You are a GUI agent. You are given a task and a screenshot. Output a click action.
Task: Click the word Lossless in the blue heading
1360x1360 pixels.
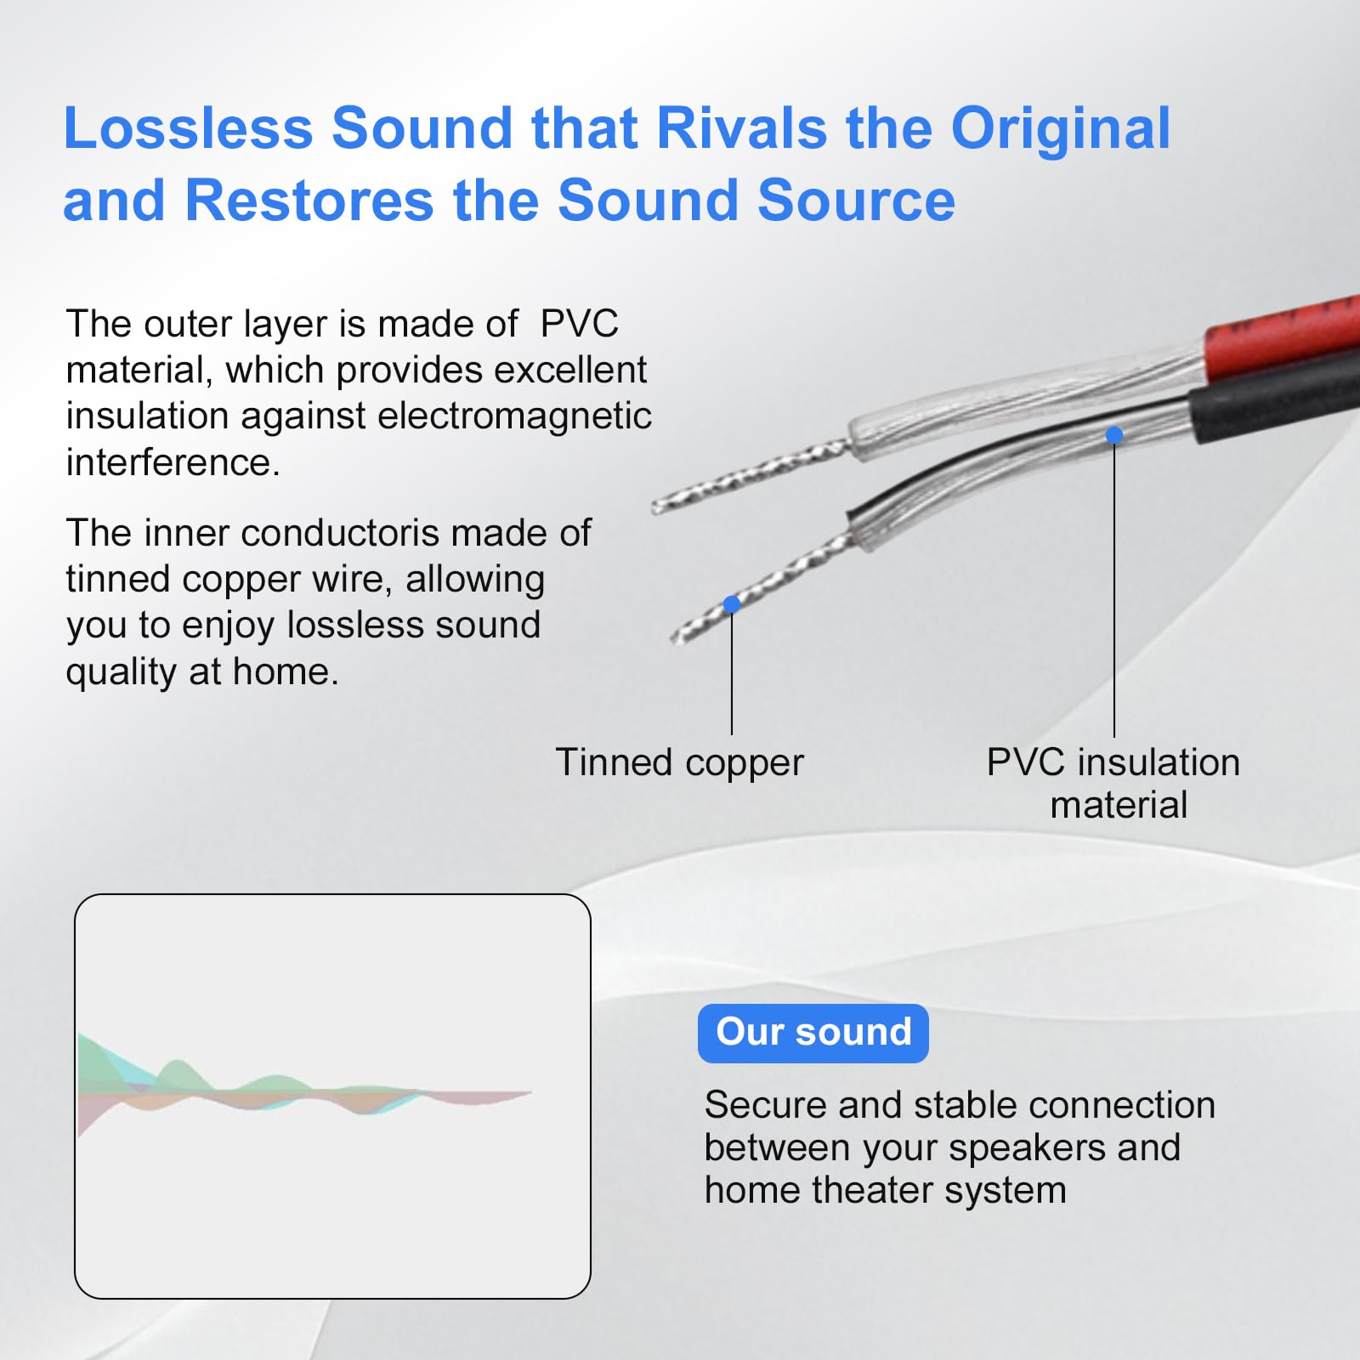(x=189, y=128)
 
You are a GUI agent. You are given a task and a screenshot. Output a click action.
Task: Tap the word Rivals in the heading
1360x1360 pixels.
(x=742, y=128)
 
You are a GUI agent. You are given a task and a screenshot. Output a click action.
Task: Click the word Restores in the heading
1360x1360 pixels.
(x=309, y=201)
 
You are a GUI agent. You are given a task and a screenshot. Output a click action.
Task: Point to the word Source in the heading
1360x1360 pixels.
(x=856, y=201)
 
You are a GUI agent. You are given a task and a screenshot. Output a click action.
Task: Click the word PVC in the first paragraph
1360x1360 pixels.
(x=579, y=324)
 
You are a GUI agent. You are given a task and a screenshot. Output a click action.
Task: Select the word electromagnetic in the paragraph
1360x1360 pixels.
(x=514, y=416)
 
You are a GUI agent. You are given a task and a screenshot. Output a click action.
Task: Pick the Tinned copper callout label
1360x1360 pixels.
(x=679, y=763)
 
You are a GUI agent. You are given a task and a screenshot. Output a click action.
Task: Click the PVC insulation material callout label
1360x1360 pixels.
(x=1113, y=783)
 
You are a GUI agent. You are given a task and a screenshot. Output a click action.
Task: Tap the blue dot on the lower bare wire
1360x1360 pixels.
(x=732, y=604)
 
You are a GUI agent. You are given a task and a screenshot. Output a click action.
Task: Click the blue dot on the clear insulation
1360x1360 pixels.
(x=1114, y=435)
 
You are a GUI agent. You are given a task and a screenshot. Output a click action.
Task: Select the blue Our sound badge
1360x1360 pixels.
(x=813, y=1033)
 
